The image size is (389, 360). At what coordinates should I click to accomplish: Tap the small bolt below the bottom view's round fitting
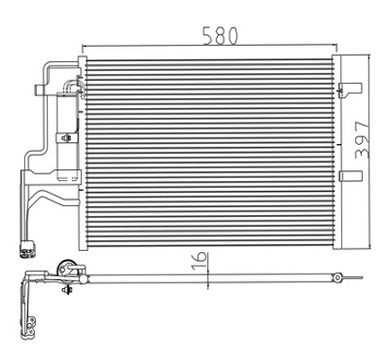point(68,290)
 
